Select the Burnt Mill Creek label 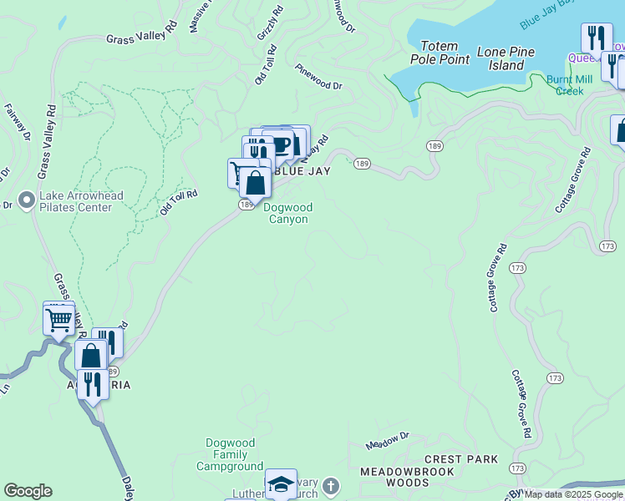click(570, 84)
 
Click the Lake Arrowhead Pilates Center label click(82, 201)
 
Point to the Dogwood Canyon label click(288, 213)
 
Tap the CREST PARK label click(461, 459)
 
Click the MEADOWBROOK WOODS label click(407, 477)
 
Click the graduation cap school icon click(282, 485)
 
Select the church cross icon click(331, 485)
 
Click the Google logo click(28, 491)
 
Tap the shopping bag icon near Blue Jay click(255, 183)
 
